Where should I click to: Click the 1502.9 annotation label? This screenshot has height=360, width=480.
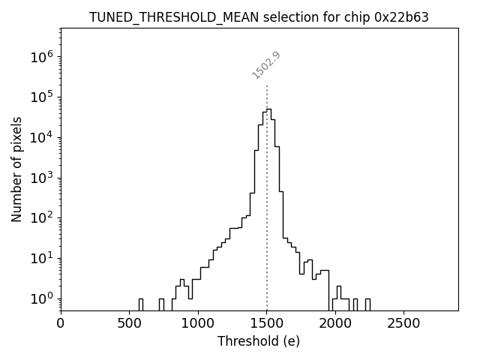[266, 64]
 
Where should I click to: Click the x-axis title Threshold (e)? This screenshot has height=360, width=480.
[259, 341]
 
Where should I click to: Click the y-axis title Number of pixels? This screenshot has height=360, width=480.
[17, 169]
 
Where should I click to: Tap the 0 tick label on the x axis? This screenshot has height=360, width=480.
[61, 323]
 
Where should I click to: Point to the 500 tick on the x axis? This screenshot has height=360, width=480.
[129, 323]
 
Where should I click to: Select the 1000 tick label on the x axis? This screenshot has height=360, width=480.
[198, 323]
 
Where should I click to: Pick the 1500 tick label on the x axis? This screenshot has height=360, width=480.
[266, 323]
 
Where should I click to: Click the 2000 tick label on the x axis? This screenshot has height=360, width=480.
[335, 323]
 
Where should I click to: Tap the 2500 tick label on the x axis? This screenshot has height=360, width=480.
[403, 323]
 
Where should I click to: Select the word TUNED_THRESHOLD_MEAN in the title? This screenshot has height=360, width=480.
[161, 17]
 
